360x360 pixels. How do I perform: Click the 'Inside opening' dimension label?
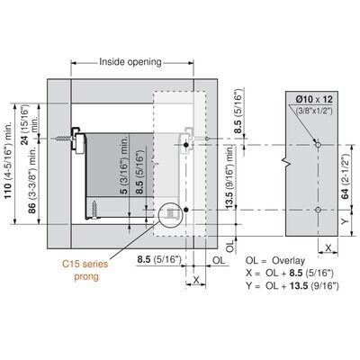[130, 62]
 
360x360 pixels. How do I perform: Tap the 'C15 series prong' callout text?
[85, 270]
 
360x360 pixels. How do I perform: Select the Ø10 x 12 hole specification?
[314, 99]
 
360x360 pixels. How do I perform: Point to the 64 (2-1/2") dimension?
[346, 177]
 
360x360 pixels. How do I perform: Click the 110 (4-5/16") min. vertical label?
[8, 160]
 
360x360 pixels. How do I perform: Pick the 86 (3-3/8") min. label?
[32, 180]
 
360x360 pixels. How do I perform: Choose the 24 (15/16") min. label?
[29, 124]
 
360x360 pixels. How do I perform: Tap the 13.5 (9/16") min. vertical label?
[229, 177]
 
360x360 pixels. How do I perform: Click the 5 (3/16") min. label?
[124, 164]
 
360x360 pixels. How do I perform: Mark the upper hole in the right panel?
[318, 145]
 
